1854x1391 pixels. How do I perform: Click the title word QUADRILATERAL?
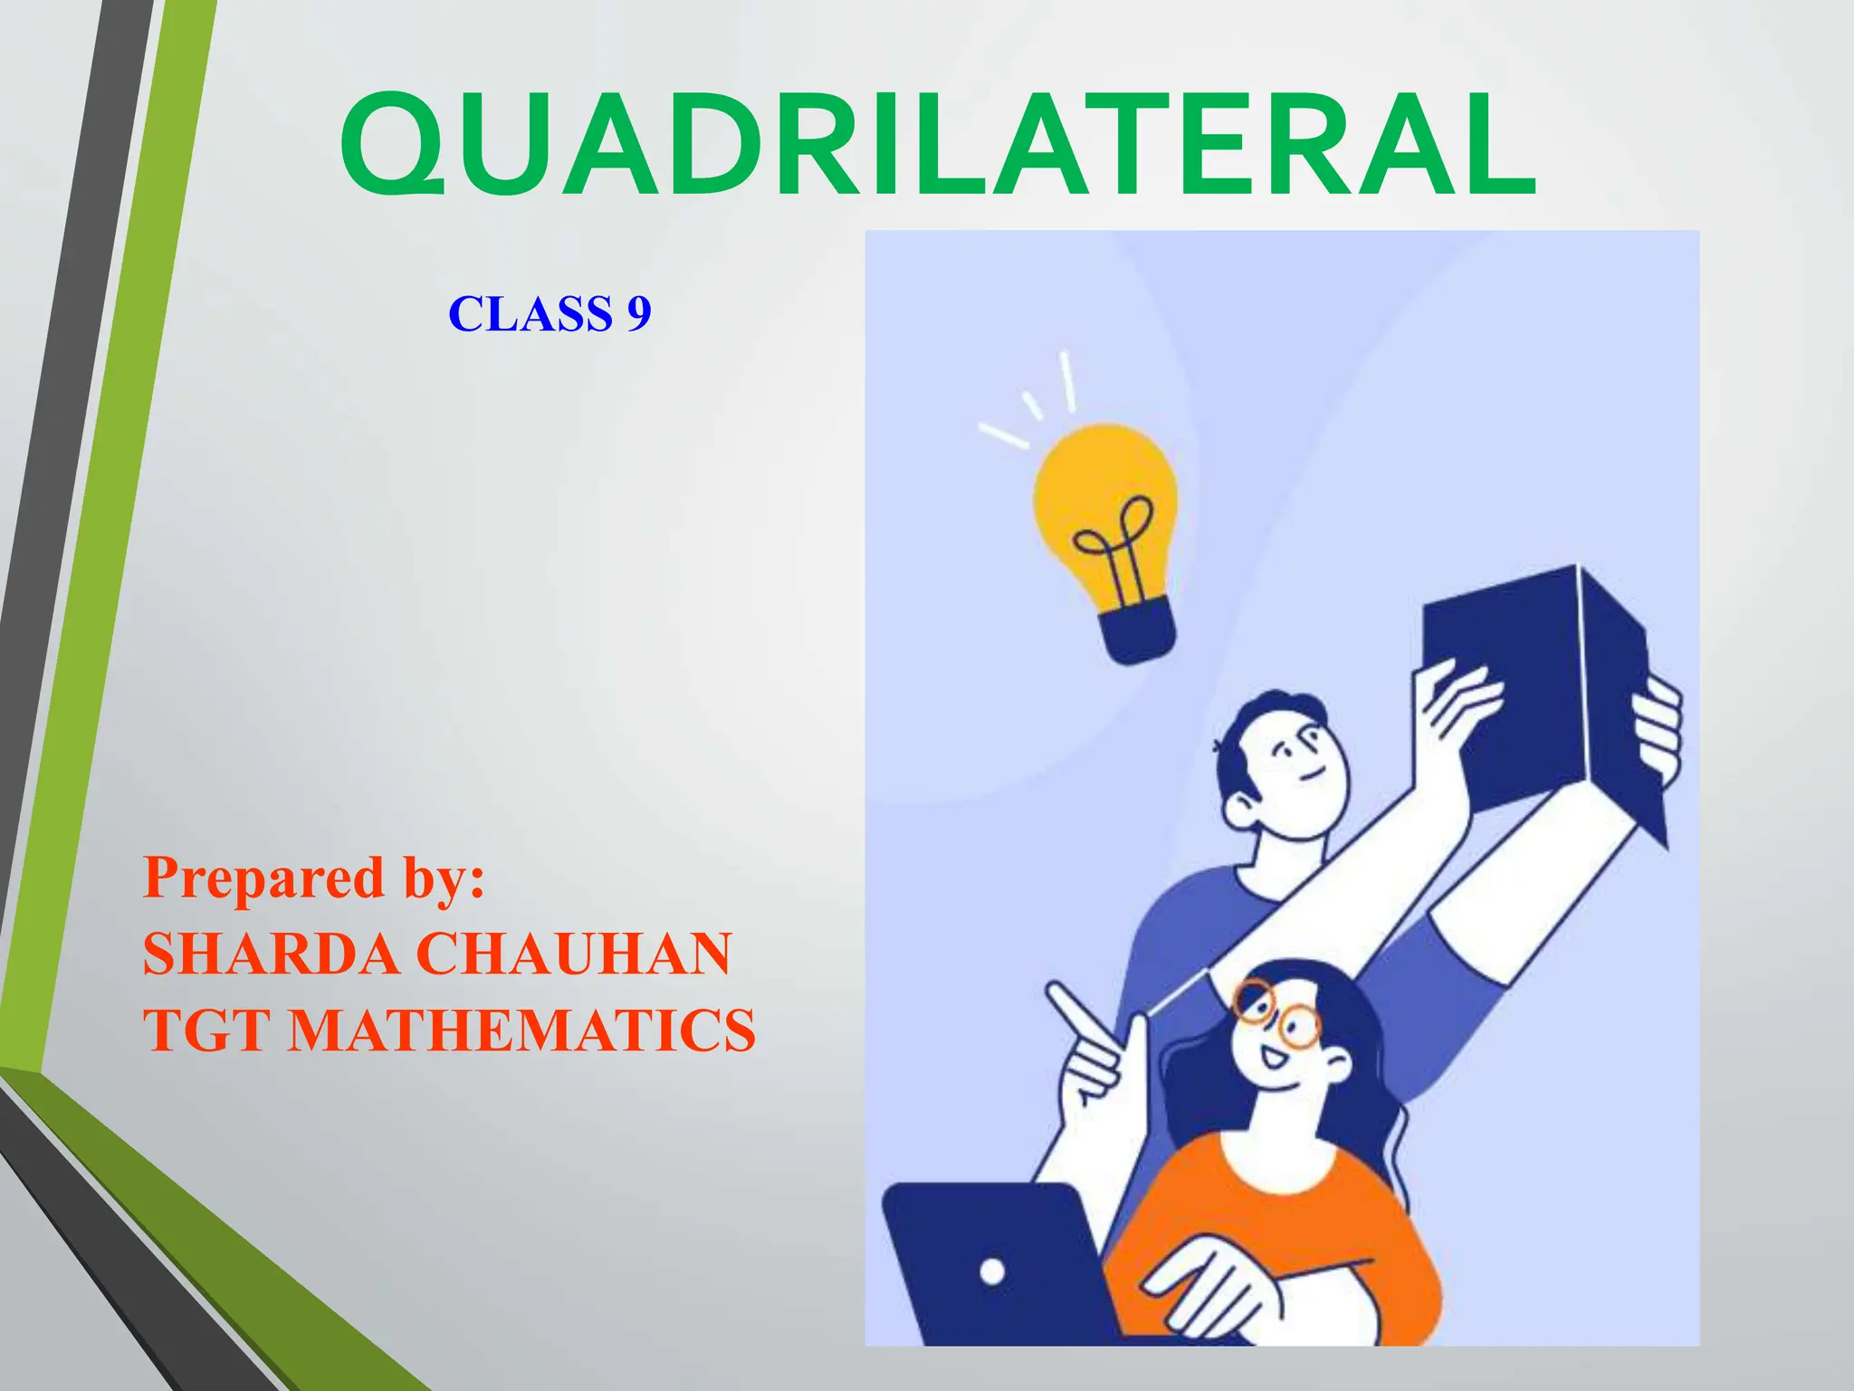point(938,145)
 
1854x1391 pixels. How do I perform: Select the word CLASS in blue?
point(530,314)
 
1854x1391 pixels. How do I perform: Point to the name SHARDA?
point(270,954)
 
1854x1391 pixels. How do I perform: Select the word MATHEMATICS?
point(521,1031)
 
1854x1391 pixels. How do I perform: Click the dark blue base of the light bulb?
point(1137,634)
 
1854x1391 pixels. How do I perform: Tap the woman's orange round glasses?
point(1279,1014)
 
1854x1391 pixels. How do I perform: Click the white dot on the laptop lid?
point(992,1271)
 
